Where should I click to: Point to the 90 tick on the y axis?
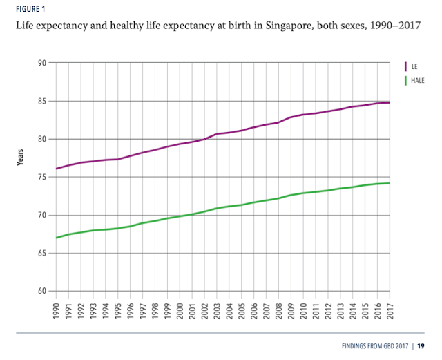[x=41, y=64]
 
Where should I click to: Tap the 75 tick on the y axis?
[x=41, y=178]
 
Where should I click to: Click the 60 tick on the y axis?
[x=41, y=291]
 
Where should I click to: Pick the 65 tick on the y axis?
[x=41, y=254]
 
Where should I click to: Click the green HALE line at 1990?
[x=57, y=238]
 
